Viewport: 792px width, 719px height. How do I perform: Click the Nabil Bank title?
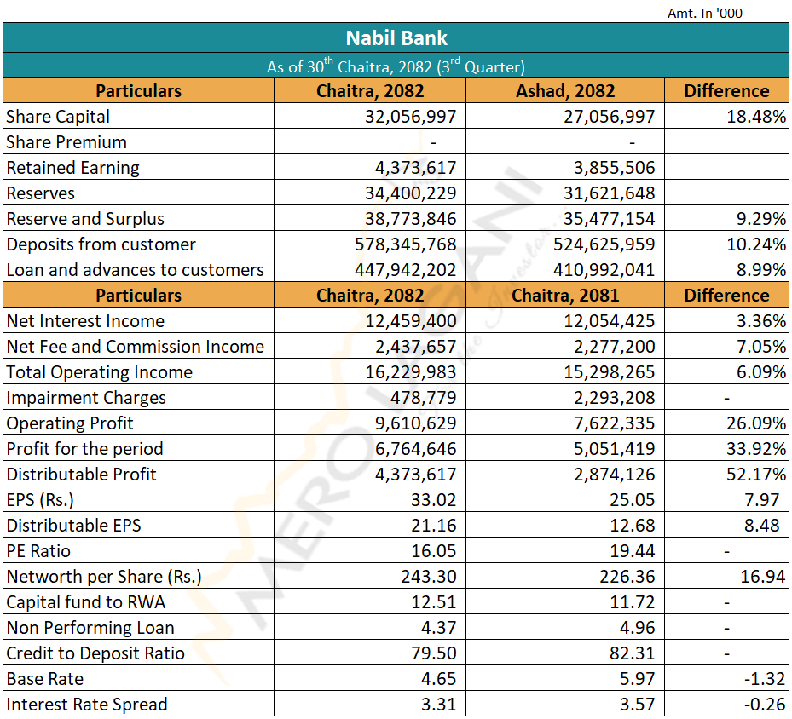(396, 38)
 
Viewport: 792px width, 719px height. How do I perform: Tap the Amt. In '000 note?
(704, 13)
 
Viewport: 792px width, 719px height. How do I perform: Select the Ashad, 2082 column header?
(564, 91)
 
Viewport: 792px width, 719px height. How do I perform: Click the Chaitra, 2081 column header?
(564, 296)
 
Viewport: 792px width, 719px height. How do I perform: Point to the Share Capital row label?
(58, 117)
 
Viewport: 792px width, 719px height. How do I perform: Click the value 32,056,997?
(411, 117)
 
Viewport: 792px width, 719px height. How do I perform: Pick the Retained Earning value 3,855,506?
(610, 168)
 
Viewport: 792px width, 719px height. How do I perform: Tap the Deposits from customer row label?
(101, 244)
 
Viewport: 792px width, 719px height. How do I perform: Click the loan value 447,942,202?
(405, 270)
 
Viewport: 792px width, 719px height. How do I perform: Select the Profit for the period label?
(84, 449)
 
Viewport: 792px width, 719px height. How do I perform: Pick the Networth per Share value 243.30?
(429, 577)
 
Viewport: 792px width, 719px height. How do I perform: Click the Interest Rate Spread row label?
(87, 705)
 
